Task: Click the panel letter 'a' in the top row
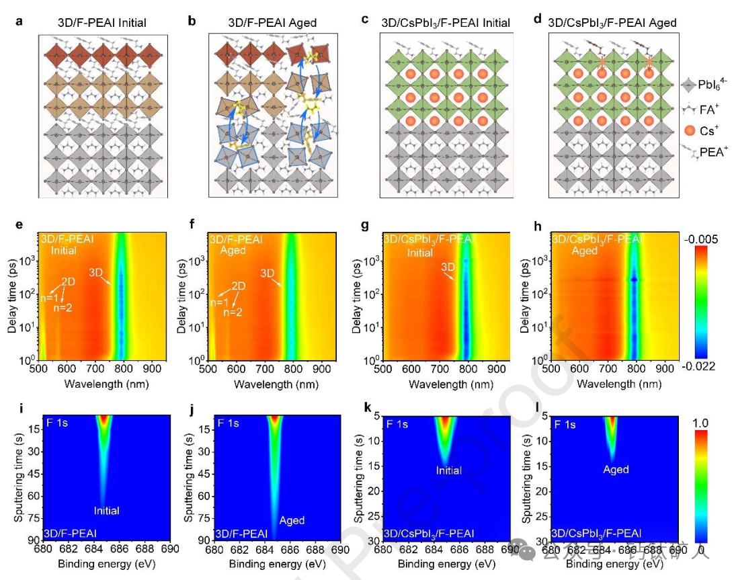(19, 21)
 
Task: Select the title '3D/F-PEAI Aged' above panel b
(271, 23)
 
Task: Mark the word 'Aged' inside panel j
(292, 520)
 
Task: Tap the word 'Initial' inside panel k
(448, 470)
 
